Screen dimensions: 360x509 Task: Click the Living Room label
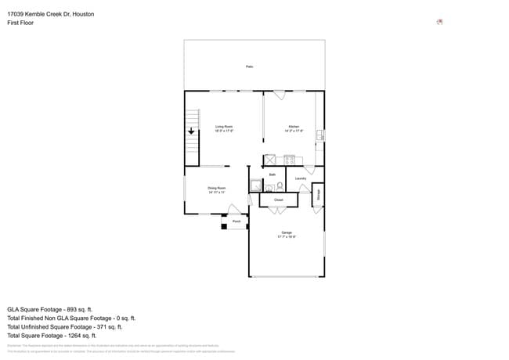point(224,128)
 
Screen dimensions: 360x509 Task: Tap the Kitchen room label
point(294,128)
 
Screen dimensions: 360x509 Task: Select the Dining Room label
point(217,189)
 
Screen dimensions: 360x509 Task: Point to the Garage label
point(287,234)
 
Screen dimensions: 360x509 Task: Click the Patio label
point(250,67)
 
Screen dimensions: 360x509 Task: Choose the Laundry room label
point(301,178)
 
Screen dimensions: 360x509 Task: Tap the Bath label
point(273,175)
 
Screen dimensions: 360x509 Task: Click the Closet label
point(278,200)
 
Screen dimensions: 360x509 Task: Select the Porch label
point(236,222)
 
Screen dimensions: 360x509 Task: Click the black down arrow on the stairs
point(190,132)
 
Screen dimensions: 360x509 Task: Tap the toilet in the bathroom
point(279,186)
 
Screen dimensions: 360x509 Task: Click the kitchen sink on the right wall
point(319,135)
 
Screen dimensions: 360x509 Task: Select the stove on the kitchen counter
point(289,160)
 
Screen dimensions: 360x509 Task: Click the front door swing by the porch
point(234,210)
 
